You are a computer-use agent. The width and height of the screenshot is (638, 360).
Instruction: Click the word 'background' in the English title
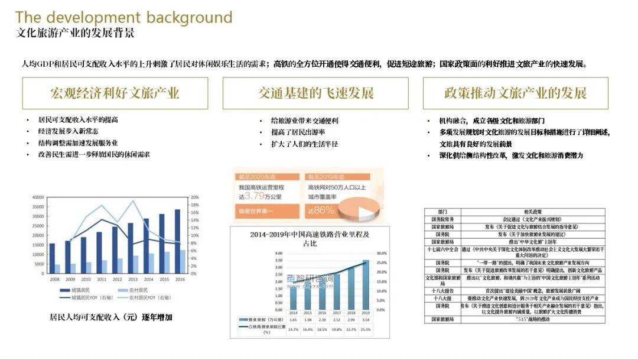(190, 17)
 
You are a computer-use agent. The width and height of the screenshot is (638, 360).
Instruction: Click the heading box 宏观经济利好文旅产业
(115, 93)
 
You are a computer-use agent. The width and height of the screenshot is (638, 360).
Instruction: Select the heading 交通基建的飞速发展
(315, 93)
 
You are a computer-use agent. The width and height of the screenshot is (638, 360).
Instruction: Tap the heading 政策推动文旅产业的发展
(515, 93)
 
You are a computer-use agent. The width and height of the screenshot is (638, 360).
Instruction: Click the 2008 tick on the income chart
(54, 279)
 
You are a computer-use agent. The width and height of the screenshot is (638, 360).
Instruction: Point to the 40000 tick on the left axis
(38, 197)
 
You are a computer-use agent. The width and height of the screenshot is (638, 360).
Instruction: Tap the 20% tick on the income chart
(196, 197)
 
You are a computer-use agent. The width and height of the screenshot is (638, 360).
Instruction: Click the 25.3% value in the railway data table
(365, 329)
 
